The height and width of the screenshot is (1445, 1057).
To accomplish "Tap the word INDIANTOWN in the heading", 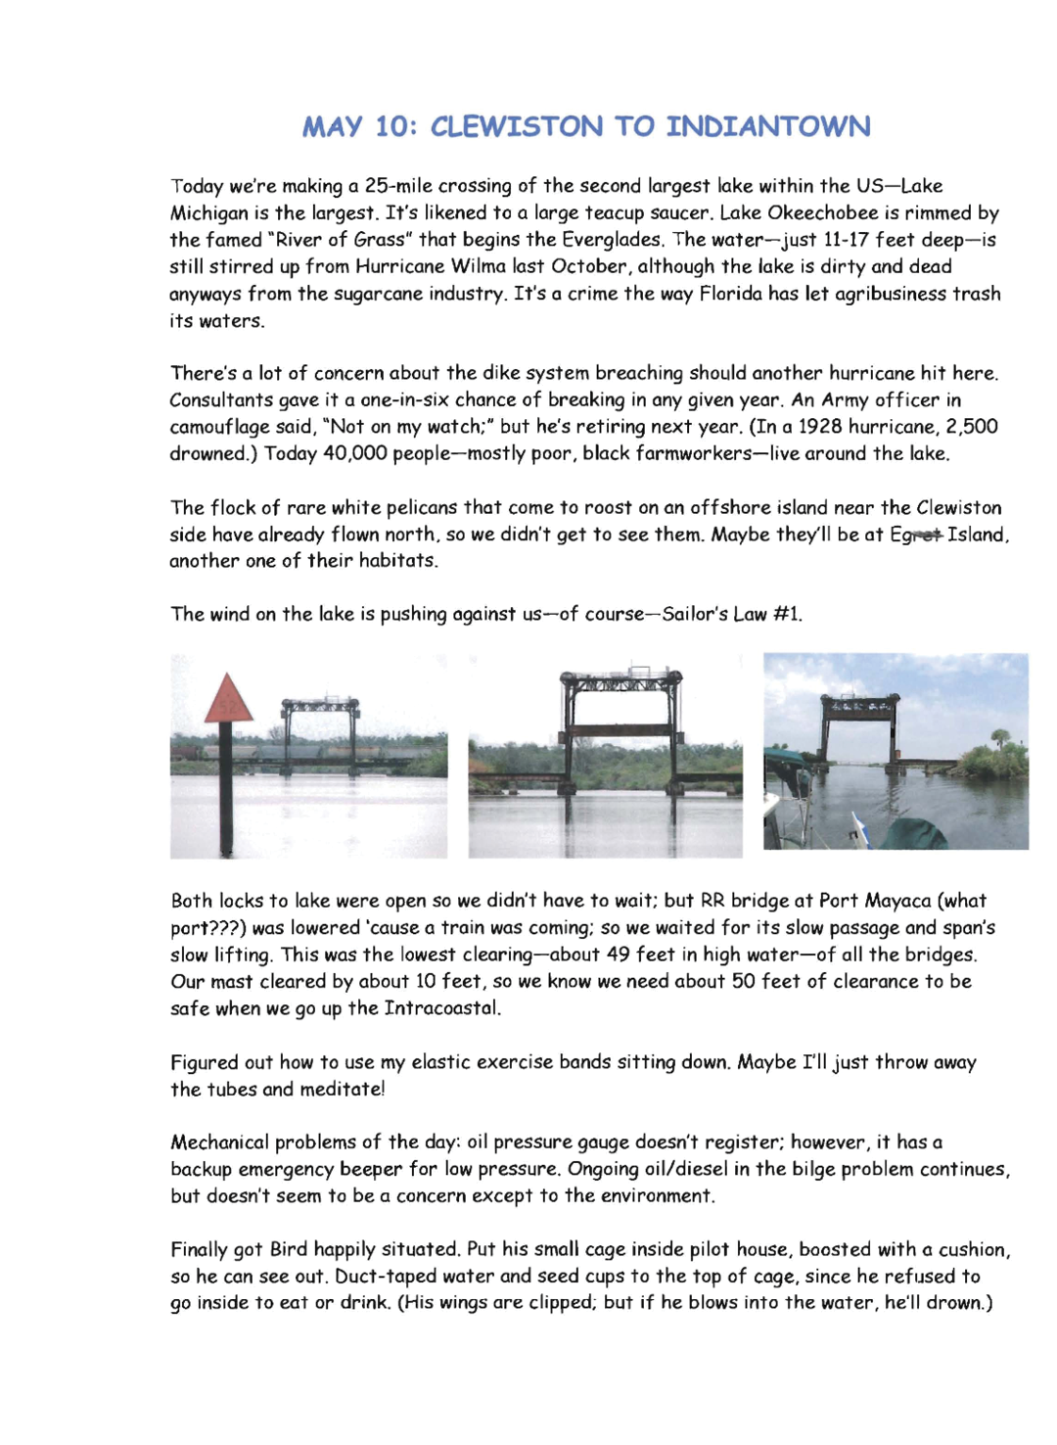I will pos(768,127).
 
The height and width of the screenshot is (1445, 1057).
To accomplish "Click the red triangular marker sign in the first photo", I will pos(228,701).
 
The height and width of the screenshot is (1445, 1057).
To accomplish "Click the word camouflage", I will pos(218,427).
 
